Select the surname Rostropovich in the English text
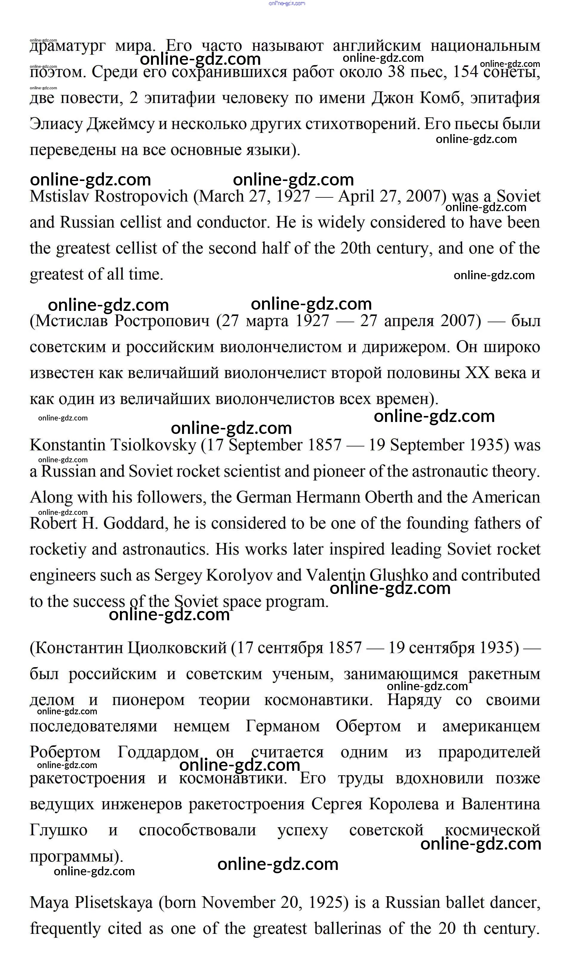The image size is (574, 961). coord(141,196)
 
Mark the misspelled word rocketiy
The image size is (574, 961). coord(58,550)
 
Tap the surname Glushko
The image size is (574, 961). coord(398,576)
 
